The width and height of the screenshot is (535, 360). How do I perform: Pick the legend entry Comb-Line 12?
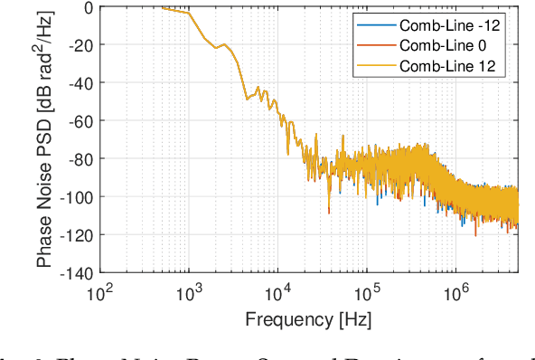click(449, 65)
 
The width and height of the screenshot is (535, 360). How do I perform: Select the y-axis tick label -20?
click(81, 45)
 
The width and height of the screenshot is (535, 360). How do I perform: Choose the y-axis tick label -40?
click(81, 83)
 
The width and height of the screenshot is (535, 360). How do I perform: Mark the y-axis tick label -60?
click(81, 121)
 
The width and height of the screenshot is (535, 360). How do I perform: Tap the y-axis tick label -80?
click(81, 159)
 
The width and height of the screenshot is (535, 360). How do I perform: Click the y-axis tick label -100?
click(78, 197)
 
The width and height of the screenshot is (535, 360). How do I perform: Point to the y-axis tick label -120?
click(78, 235)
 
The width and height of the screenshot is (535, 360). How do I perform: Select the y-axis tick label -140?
click(78, 272)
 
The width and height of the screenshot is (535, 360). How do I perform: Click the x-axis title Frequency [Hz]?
click(308, 318)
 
